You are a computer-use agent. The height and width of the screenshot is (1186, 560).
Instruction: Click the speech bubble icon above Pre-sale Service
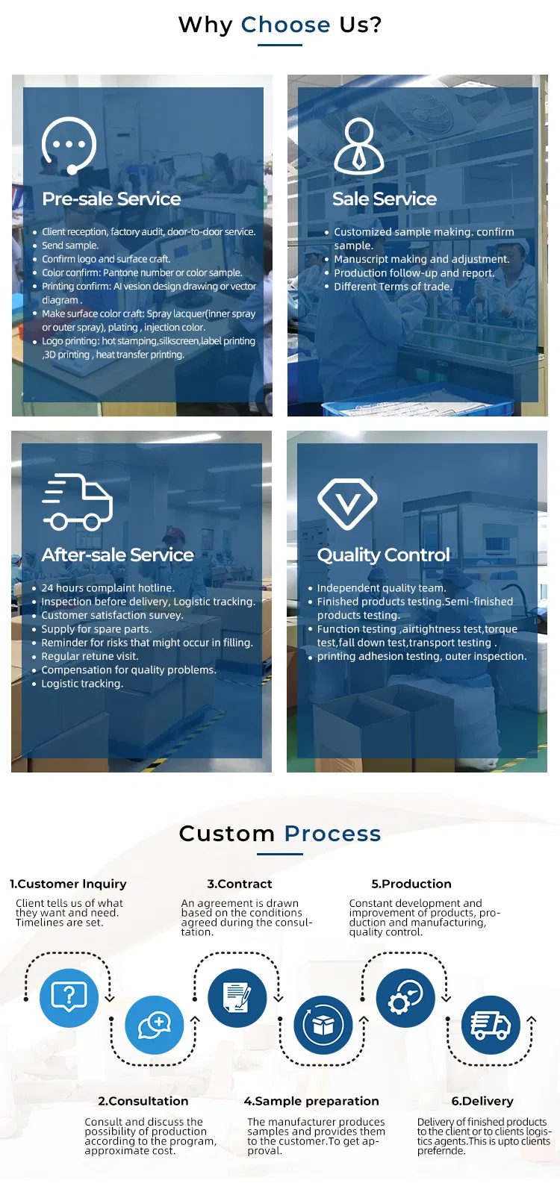click(69, 145)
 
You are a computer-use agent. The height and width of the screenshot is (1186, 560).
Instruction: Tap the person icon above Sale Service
click(358, 146)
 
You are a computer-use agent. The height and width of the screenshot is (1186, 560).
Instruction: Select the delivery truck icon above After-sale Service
click(78, 502)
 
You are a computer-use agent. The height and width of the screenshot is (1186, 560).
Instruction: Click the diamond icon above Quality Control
click(347, 503)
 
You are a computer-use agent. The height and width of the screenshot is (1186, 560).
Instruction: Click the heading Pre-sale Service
click(111, 199)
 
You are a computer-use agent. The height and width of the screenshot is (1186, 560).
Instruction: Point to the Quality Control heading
click(383, 555)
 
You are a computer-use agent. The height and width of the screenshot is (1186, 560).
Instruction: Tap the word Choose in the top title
click(285, 25)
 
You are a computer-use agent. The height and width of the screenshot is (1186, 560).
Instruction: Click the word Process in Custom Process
click(332, 833)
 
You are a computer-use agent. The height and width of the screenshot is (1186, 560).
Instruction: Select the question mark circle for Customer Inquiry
click(69, 998)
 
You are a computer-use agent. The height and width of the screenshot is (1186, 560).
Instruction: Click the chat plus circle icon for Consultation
click(155, 1025)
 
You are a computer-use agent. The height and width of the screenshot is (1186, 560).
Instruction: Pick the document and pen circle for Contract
click(237, 998)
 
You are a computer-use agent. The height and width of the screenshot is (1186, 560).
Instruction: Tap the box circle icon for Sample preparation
click(323, 1025)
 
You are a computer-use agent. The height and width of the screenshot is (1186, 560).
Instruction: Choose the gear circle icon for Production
click(405, 998)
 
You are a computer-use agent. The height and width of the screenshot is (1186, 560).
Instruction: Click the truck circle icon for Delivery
click(491, 1025)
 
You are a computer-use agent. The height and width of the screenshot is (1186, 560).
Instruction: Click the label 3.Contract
click(240, 884)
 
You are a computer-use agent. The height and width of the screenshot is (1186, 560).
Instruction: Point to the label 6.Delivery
click(482, 1101)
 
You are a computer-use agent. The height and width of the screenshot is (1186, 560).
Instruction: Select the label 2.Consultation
click(143, 1101)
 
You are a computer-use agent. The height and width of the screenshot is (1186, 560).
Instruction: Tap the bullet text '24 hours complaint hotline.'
click(108, 588)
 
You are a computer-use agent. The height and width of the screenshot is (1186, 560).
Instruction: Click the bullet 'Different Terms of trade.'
click(393, 287)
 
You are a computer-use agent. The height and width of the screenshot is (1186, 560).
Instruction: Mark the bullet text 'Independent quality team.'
click(381, 588)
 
